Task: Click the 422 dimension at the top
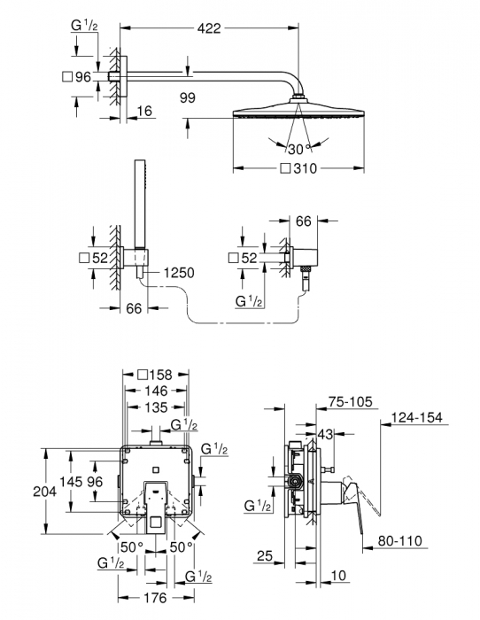[x=208, y=28]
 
